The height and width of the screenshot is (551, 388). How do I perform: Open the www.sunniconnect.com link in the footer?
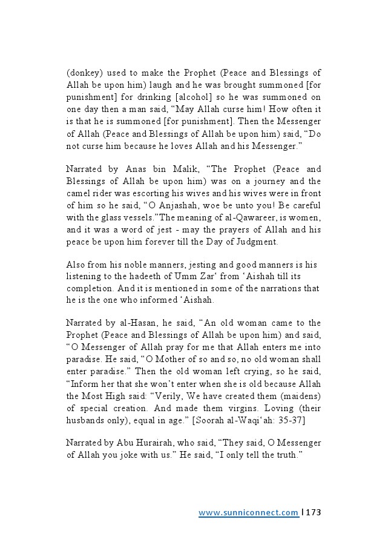click(x=249, y=512)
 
